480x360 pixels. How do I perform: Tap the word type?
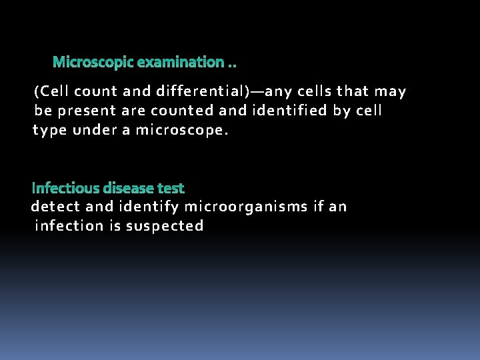point(51,130)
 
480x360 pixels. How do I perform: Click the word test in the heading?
point(171,189)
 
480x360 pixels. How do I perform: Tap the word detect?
point(55,207)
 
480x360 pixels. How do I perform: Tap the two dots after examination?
point(232,65)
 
